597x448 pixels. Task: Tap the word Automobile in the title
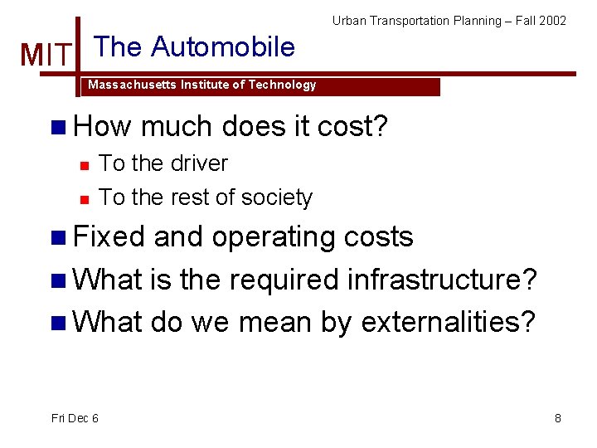click(223, 46)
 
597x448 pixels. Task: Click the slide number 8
click(558, 418)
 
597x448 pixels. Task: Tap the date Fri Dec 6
click(75, 418)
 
